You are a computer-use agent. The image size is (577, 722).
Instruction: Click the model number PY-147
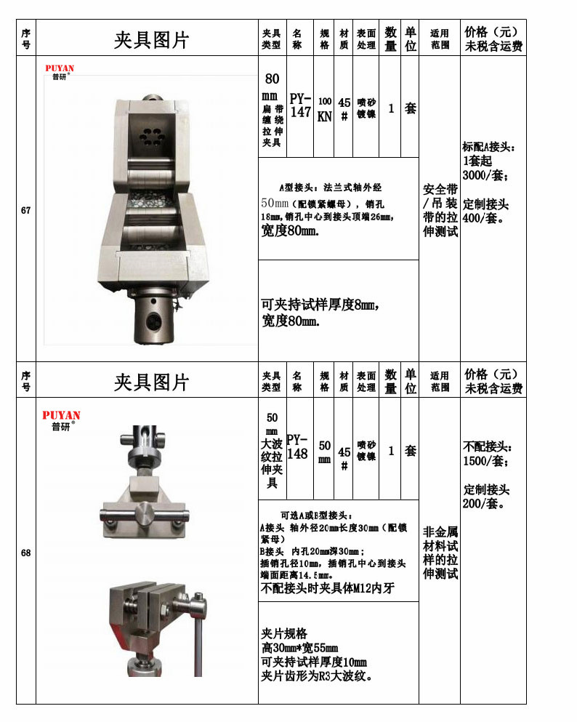pyautogui.click(x=300, y=105)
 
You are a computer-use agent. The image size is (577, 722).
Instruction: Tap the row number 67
pyautogui.click(x=26, y=210)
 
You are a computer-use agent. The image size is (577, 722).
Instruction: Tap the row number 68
pyautogui.click(x=26, y=553)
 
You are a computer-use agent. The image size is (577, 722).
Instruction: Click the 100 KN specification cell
pyautogui.click(x=325, y=109)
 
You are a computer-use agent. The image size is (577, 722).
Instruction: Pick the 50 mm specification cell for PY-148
pyautogui.click(x=325, y=452)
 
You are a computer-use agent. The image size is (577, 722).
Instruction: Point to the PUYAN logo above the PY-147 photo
pyautogui.click(x=60, y=72)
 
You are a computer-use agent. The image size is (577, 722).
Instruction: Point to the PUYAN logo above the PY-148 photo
pyautogui.click(x=61, y=420)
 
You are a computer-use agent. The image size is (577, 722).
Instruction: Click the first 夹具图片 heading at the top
pyautogui.click(x=151, y=40)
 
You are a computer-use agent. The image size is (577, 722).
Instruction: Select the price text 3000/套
pyautogui.click(x=485, y=176)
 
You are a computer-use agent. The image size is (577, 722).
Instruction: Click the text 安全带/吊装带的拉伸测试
pyautogui.click(x=440, y=210)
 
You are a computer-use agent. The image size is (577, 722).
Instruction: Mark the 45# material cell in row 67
pyautogui.click(x=344, y=109)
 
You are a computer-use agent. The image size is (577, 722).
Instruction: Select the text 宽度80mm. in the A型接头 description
pyautogui.click(x=290, y=231)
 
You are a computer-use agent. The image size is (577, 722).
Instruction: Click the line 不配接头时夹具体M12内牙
pyautogui.click(x=326, y=588)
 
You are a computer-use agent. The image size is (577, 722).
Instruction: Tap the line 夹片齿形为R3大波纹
pyautogui.click(x=317, y=676)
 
